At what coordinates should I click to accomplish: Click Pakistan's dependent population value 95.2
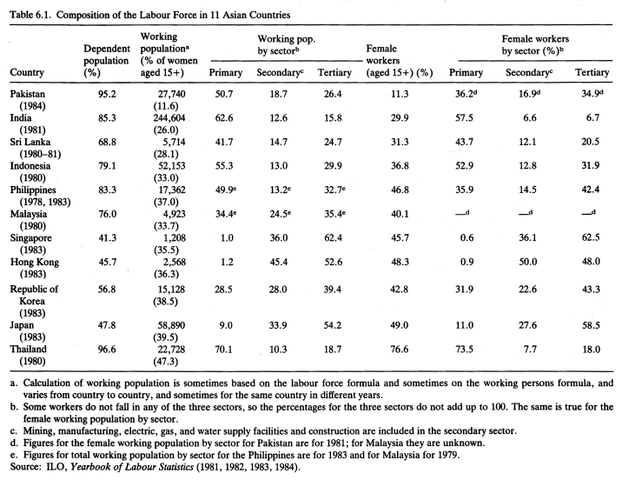coord(107,94)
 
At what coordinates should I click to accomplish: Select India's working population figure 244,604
coord(169,118)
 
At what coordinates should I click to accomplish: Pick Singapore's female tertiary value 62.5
coord(591,237)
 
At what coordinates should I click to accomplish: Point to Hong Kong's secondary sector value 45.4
coord(279,262)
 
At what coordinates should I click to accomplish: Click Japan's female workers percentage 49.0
coord(399,325)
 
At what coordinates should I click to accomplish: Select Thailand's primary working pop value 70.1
coord(224,350)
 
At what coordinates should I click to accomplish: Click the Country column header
coord(27,72)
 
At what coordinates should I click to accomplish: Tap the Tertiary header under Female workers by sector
coord(592,72)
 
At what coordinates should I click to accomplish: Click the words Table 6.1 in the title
coord(31,15)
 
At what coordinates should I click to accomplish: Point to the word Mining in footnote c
coord(36,430)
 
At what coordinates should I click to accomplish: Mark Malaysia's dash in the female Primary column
coord(462,214)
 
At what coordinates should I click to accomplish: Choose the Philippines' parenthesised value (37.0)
coord(166,202)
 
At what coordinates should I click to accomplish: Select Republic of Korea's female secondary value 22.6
coord(527,290)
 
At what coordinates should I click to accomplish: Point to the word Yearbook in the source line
coord(87,466)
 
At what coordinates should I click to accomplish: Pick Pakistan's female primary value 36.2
coord(464,94)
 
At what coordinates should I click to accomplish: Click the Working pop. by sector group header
coord(287,45)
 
